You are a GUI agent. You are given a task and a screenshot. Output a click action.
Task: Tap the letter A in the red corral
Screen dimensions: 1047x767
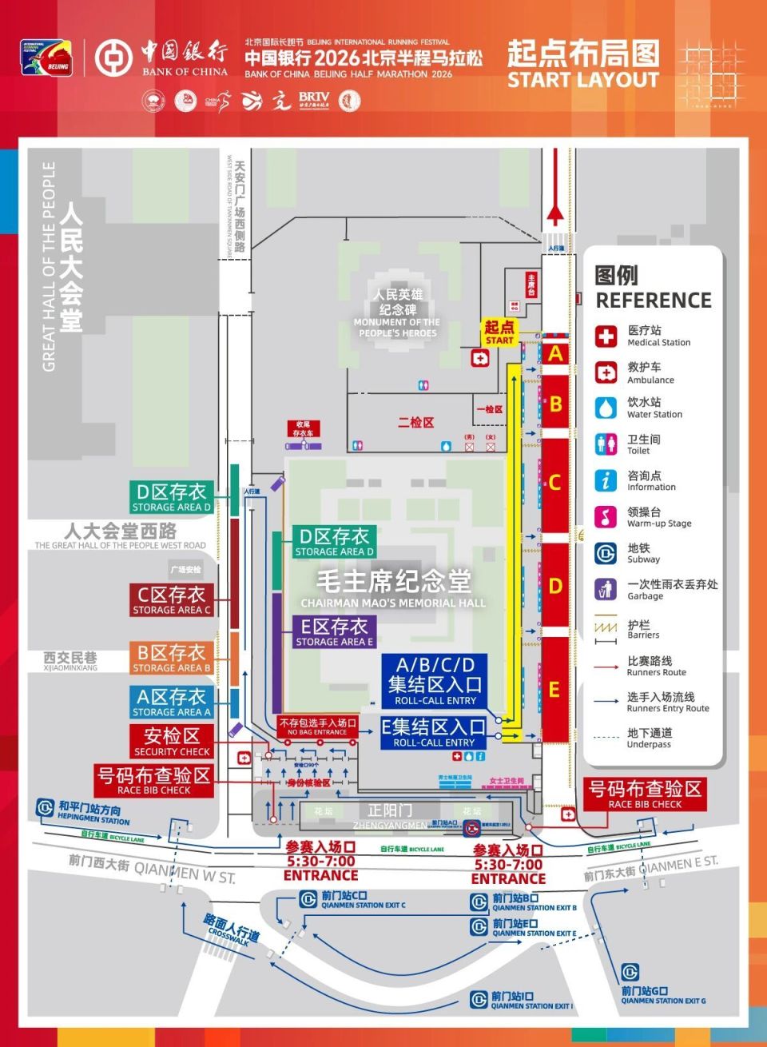point(555,353)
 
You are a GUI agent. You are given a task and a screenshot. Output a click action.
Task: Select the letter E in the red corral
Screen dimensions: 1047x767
point(554,689)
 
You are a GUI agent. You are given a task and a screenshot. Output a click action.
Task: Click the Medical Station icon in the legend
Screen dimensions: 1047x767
point(606,336)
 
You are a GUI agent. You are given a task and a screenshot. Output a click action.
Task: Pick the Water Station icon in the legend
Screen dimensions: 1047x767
point(606,408)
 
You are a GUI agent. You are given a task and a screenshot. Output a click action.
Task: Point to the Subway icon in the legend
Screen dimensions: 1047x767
point(606,553)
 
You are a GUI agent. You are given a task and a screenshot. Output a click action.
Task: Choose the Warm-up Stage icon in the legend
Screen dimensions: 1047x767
point(606,516)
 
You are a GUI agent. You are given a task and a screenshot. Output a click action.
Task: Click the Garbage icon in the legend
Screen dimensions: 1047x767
point(606,589)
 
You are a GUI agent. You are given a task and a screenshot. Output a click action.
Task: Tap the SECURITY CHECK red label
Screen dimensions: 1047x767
point(172,742)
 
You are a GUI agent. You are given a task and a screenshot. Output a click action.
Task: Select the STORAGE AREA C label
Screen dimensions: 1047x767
point(172,600)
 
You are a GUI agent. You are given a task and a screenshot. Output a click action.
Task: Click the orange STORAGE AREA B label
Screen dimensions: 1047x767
point(172,658)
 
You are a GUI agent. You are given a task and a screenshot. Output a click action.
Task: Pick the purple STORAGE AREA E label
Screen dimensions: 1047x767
point(334,631)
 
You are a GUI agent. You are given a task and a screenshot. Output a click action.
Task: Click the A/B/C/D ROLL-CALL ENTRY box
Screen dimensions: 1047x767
point(435,680)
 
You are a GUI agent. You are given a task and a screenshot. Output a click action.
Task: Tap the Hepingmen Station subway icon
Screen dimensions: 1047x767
point(45,809)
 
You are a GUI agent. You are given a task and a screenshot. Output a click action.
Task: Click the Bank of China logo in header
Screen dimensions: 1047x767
point(113,58)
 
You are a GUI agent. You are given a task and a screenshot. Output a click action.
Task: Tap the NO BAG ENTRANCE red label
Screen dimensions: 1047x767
point(317,726)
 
